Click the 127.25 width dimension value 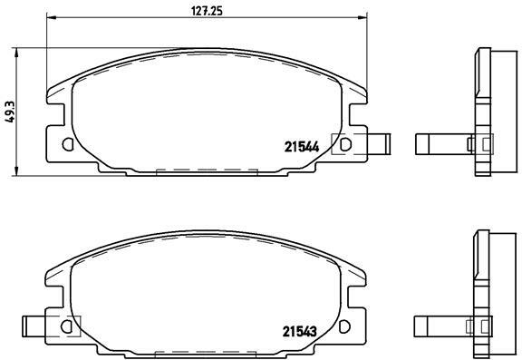point(207,11)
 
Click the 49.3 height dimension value point(10,112)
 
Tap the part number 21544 point(302,147)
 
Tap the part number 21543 point(300,331)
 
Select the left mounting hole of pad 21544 point(68,144)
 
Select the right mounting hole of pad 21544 point(345,144)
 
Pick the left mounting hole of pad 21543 point(66,326)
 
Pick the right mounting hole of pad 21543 point(344,326)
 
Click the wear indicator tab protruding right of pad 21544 point(379,144)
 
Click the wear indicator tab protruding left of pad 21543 point(34,326)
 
